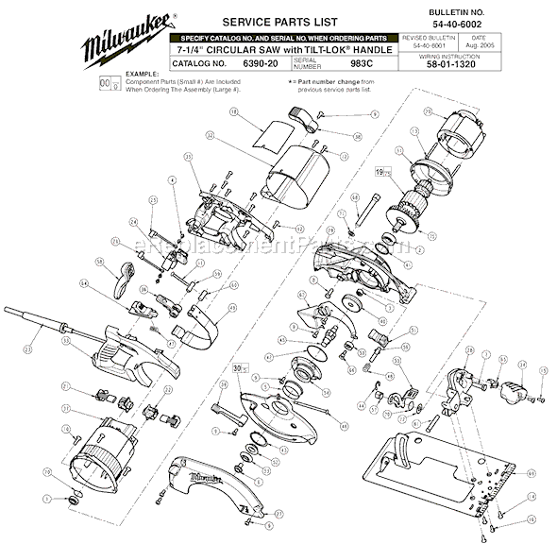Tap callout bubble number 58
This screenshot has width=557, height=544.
click(97, 260)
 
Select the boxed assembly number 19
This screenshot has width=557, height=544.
click(380, 174)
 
